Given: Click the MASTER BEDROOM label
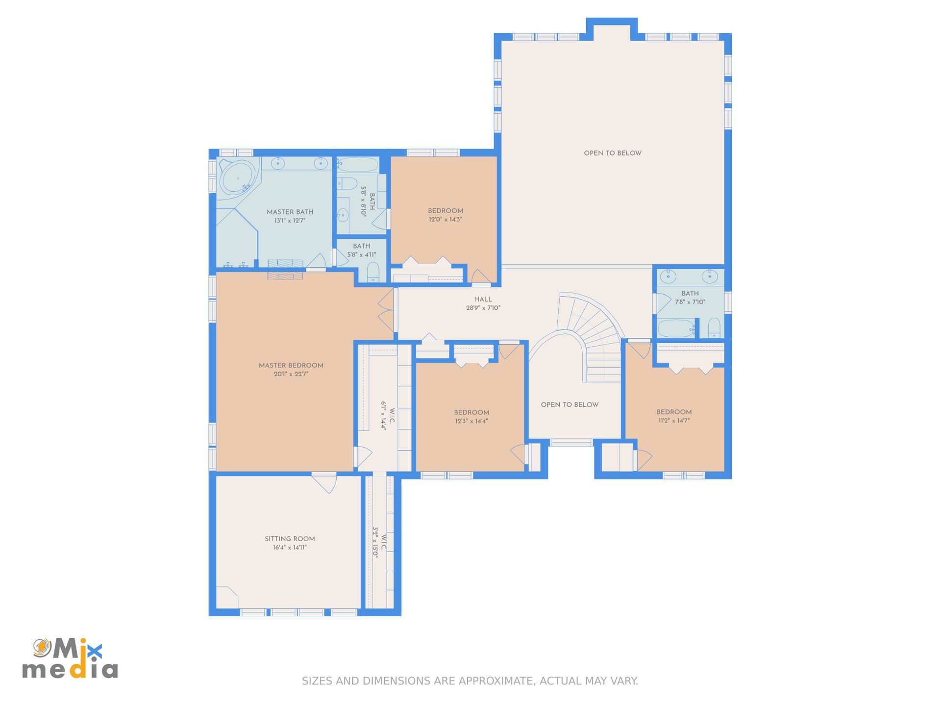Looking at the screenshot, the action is [291, 365].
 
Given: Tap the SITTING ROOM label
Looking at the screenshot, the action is [290, 539].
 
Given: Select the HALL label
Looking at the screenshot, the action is [483, 299].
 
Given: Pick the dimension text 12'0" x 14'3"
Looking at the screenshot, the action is [446, 219].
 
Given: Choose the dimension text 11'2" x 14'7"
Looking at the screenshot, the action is [674, 421].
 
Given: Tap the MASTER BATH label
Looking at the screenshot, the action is [290, 212].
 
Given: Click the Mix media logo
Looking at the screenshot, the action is [70, 658].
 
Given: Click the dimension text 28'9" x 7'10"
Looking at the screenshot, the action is [483, 308].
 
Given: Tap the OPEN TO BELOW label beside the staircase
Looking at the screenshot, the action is [570, 404].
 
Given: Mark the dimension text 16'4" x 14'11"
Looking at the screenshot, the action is [290, 548].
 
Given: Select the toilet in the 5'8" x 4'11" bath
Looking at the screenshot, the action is [373, 272].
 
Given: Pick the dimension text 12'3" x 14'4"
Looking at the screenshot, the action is [471, 421].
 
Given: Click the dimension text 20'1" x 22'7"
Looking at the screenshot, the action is [291, 374].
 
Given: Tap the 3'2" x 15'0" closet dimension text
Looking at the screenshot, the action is [375, 542].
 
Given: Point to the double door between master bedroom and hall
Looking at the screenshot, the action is [387, 310].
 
